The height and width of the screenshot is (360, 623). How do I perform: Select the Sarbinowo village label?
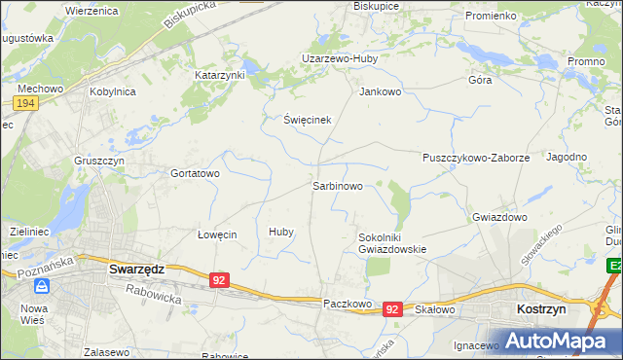(337, 185)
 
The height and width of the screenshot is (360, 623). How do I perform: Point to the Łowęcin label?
(217, 234)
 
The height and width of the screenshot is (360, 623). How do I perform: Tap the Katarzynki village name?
(219, 74)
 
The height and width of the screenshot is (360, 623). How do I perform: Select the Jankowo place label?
(381, 92)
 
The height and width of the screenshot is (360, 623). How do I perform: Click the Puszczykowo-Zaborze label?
(475, 157)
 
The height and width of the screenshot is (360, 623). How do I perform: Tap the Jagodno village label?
(567, 157)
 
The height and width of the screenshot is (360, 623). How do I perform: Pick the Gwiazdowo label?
(499, 217)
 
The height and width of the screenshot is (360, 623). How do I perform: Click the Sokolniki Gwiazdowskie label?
(392, 242)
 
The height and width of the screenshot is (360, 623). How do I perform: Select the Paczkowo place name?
(348, 304)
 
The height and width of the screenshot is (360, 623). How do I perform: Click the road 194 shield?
(26, 103)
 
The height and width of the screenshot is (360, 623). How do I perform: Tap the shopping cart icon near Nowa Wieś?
(42, 286)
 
